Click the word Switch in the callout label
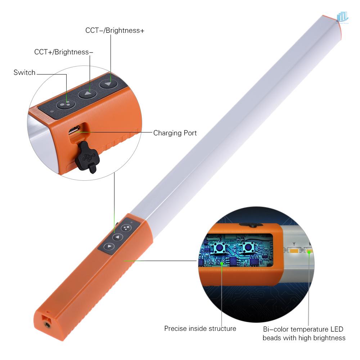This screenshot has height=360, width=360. coord(24,73)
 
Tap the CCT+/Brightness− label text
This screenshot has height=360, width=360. coord(64,52)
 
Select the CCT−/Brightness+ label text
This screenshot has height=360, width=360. coord(115,31)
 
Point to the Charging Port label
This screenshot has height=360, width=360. coord(175,133)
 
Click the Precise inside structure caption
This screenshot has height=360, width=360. coord(200,328)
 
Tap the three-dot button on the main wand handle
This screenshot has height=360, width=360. coord(126,228)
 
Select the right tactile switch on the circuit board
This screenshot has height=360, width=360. coord(247,247)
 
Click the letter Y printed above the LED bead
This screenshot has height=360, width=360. coord(294,243)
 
